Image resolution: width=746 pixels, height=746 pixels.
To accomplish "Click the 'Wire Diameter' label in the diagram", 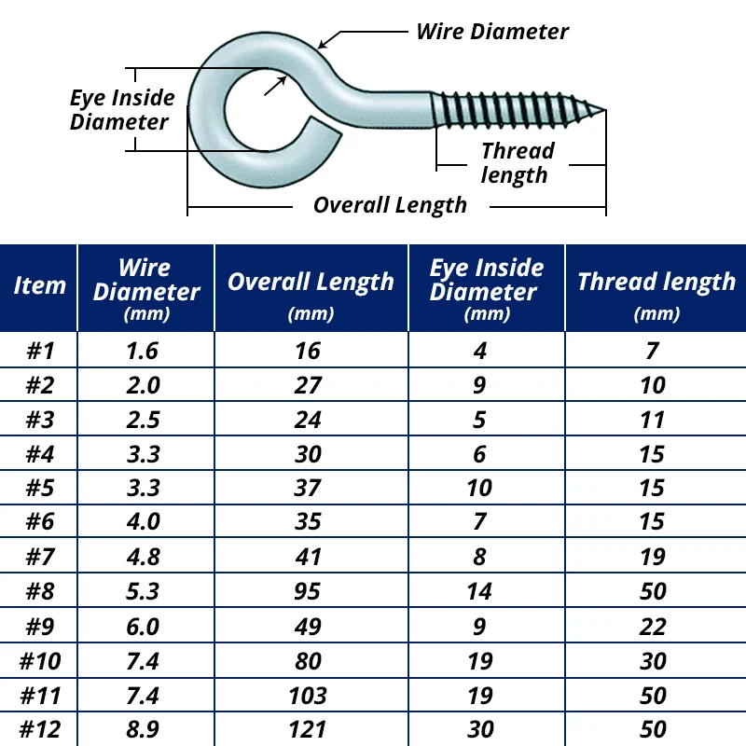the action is pyautogui.click(x=491, y=31).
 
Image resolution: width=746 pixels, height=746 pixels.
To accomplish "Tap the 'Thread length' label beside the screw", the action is pyautogui.click(x=517, y=163).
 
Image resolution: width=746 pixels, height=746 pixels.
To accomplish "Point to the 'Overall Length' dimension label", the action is pyautogui.click(x=390, y=205).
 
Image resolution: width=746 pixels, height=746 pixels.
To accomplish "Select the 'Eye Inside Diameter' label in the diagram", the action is pyautogui.click(x=121, y=110).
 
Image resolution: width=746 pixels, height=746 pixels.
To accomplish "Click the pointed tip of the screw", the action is pyautogui.click(x=604, y=111).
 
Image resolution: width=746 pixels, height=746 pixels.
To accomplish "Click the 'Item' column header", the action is pyautogui.click(x=39, y=286).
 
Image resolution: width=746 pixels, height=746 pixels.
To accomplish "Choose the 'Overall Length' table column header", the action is pyautogui.click(x=311, y=282).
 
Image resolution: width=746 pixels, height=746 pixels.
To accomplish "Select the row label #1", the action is pyautogui.click(x=39, y=351).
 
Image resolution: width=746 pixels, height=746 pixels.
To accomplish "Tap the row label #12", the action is pyautogui.click(x=39, y=728).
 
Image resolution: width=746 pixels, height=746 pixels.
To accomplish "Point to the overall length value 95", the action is pyautogui.click(x=308, y=591).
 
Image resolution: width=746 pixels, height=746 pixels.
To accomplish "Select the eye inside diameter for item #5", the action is pyautogui.click(x=479, y=488).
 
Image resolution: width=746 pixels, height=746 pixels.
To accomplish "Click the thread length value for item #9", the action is pyautogui.click(x=653, y=626).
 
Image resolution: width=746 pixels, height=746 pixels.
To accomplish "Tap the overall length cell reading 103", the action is pyautogui.click(x=308, y=695).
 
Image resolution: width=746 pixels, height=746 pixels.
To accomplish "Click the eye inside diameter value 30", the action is pyautogui.click(x=479, y=728).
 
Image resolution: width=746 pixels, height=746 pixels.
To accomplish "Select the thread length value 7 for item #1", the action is pyautogui.click(x=653, y=351).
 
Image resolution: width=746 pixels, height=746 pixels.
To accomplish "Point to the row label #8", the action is pyautogui.click(x=39, y=591).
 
